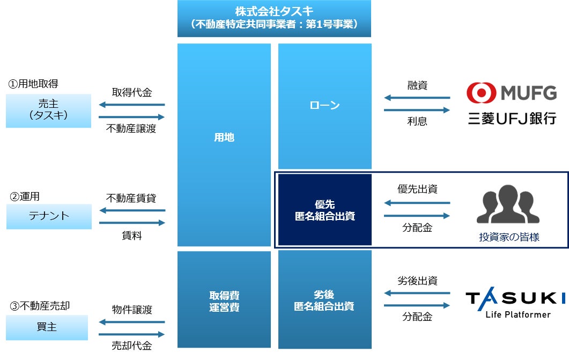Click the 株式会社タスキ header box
coord(274,18)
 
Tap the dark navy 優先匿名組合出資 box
coord(324,210)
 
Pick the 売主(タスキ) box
coord(48,111)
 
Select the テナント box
coord(49,216)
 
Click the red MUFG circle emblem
coord(481,93)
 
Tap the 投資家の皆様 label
coord(509,236)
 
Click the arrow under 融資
coord(417,98)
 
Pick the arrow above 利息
coord(417,109)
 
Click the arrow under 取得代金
coord(132,105)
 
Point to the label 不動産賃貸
coord(131,197)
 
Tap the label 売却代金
coord(132,346)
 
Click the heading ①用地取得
coord(33,84)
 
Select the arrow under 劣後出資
coord(417,293)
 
